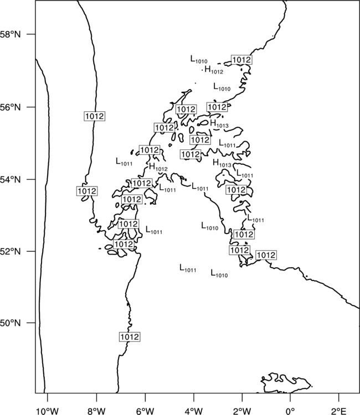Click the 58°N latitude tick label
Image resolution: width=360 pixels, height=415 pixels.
pyautogui.click(x=11, y=34)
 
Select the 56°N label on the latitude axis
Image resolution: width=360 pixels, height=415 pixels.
pyautogui.click(x=11, y=107)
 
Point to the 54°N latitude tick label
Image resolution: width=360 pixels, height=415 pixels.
pyautogui.click(x=11, y=180)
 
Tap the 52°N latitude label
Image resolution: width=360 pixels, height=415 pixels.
pyautogui.click(x=11, y=251)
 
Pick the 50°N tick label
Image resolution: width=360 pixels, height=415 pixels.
pyautogui.click(x=11, y=323)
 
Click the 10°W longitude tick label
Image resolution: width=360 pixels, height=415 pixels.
pyautogui.click(x=48, y=411)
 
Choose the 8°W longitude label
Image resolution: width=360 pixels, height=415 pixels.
pyautogui.click(x=96, y=411)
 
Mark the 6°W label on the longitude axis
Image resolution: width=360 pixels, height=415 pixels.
pyautogui.click(x=145, y=411)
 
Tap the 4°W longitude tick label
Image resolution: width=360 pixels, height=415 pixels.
pyautogui.click(x=193, y=411)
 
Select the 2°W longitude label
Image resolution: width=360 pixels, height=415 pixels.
pyautogui.click(x=242, y=411)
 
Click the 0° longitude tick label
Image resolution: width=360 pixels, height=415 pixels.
pyautogui.click(x=290, y=411)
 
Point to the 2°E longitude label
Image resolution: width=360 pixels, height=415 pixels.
pyautogui.click(x=339, y=411)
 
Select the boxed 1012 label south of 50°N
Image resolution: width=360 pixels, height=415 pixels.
pyautogui.click(x=130, y=337)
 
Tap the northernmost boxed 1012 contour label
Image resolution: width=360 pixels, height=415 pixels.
pyautogui.click(x=241, y=60)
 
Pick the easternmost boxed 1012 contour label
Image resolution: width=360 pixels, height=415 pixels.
pyautogui.click(x=266, y=255)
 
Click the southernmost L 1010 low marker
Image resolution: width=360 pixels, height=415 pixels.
pyautogui.click(x=219, y=273)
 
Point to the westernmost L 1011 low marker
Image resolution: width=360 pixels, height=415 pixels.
pyautogui.click(x=124, y=162)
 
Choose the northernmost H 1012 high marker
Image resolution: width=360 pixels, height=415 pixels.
pyautogui.click(x=214, y=70)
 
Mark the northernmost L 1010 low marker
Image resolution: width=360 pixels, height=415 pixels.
pyautogui.click(x=199, y=59)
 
